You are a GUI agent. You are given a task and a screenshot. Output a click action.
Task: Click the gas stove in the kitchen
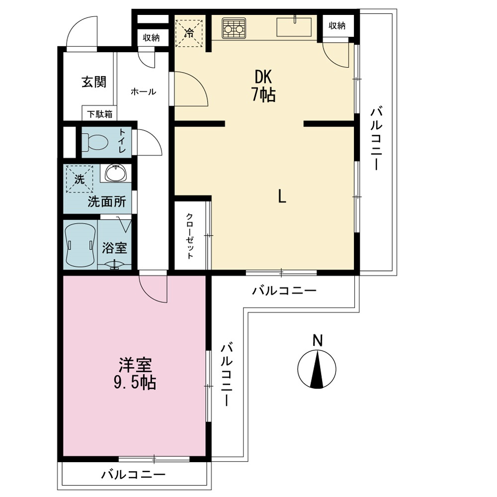click(234, 28)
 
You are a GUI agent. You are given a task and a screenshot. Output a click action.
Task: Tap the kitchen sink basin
click(294, 27)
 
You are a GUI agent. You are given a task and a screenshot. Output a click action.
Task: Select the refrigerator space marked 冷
click(189, 33)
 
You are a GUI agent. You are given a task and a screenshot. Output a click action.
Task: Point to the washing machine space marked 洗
click(79, 179)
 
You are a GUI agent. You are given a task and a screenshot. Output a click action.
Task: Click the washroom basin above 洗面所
click(115, 173)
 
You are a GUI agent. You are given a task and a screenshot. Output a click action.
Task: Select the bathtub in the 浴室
click(80, 245)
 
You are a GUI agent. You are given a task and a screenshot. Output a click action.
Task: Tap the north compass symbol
click(317, 369)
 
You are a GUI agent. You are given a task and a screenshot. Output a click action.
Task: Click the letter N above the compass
click(317, 341)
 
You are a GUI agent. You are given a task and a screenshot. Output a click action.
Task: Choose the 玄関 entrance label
click(94, 82)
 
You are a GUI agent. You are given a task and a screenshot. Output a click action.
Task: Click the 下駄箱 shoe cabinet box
click(99, 113)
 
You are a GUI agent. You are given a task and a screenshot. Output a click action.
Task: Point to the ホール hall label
click(143, 92)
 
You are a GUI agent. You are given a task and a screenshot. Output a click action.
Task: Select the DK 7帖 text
click(263, 85)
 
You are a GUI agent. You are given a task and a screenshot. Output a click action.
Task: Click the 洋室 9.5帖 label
click(135, 374)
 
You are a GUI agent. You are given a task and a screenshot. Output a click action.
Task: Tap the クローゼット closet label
click(189, 236)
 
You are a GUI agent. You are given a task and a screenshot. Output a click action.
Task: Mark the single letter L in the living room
click(282, 196)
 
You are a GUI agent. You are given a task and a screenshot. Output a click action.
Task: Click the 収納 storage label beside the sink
click(337, 26)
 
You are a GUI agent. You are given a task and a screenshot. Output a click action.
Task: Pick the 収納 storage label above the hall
click(151, 38)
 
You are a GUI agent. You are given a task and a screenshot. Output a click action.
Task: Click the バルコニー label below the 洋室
click(133, 475)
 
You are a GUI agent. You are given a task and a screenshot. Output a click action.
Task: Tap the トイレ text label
click(122, 141)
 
